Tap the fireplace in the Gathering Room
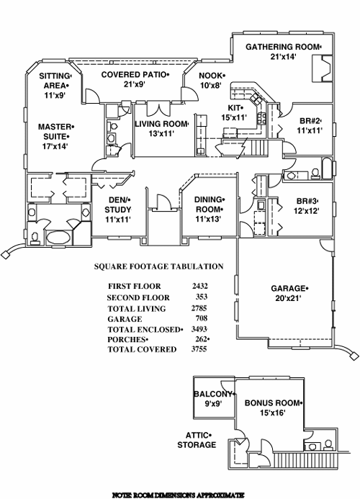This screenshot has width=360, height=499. [x=322, y=68]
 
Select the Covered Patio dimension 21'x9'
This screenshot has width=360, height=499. [x=135, y=84]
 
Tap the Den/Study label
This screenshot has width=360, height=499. [x=118, y=204]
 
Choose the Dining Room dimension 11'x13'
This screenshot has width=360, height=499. [x=208, y=220]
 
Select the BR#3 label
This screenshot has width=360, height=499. [x=307, y=202]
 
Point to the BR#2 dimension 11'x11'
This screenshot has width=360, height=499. [x=310, y=130]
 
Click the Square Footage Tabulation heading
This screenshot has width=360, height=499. [x=159, y=266]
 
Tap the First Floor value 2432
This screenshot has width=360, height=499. [x=199, y=286]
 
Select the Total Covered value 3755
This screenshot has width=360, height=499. [x=199, y=349]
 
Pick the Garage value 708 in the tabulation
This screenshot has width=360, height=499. [x=202, y=318]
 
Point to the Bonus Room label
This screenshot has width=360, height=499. [x=273, y=403]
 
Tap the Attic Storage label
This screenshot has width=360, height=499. [x=197, y=440]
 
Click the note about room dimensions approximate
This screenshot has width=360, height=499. [x=179, y=495]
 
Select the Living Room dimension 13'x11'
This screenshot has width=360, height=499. [x=161, y=134]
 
